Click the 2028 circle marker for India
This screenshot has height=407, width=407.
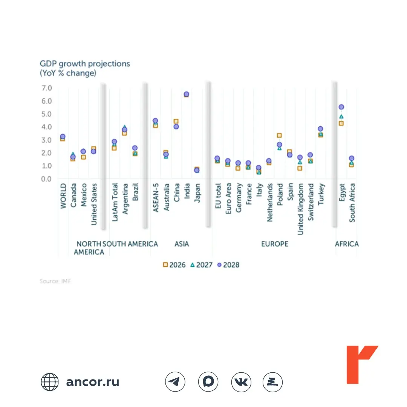tap(187, 94)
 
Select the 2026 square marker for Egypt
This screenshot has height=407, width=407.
tap(341, 123)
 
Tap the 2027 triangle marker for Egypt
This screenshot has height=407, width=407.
tap(341, 116)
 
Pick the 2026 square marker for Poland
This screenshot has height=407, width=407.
tap(279, 135)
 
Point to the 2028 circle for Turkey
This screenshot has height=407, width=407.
tap(320, 129)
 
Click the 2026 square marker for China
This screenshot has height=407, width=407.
tap(176, 121)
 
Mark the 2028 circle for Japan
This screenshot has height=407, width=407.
tap(197, 170)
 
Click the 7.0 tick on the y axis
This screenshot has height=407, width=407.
tap(47, 88)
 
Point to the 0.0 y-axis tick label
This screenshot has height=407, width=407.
tap(46, 179)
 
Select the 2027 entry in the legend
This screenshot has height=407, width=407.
tap(201, 265)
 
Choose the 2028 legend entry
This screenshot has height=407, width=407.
tap(228, 265)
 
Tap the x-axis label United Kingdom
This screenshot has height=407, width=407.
tap(300, 209)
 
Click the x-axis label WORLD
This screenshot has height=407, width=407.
tap(63, 196)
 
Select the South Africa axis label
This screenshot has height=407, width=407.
tap(352, 203)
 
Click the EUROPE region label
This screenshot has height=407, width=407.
tap(275, 244)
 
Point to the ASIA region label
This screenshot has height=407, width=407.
tap(182, 244)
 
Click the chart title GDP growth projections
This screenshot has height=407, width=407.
tap(85, 64)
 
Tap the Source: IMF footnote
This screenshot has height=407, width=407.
tap(55, 281)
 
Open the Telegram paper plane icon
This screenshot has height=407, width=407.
tap(175, 382)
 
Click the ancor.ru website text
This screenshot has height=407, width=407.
tap(93, 382)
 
